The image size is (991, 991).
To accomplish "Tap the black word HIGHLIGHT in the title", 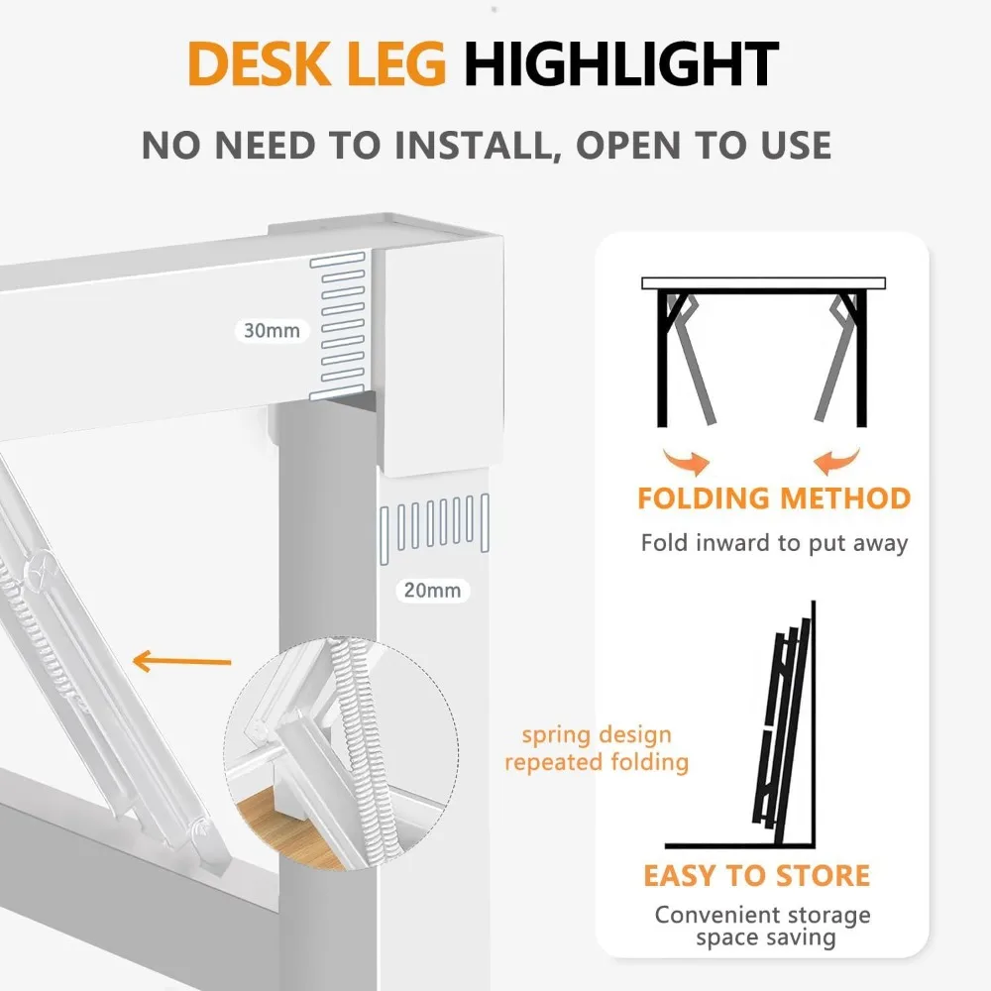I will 621,64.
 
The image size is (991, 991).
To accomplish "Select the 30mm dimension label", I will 272,331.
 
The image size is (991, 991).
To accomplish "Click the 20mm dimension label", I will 432,591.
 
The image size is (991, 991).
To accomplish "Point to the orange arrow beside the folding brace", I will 182,660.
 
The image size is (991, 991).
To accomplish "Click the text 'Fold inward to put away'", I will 774,543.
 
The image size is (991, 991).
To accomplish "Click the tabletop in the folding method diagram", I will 763,283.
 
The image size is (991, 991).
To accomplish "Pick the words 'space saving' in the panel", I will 764,936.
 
